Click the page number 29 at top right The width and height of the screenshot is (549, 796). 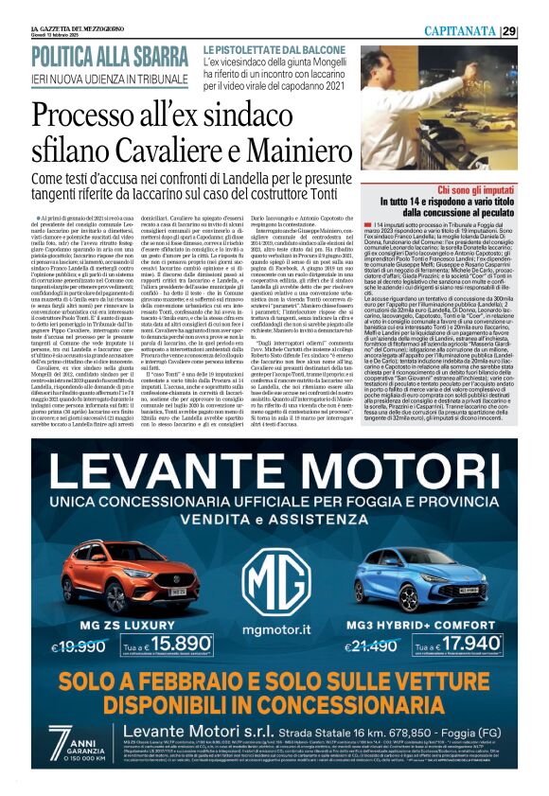(x=535, y=30)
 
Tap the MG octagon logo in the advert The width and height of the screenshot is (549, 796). (x=274, y=557)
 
